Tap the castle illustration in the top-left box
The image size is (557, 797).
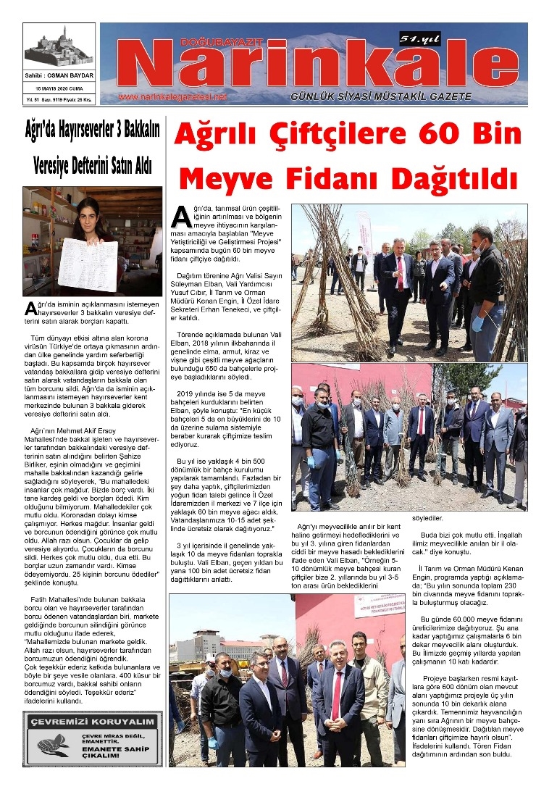pyautogui.click(x=59, y=48)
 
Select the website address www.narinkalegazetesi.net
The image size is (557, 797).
pyautogui.click(x=172, y=97)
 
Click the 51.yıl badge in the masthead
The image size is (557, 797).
pyautogui.click(x=421, y=41)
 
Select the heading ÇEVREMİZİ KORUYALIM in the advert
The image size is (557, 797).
pyautogui.click(x=91, y=722)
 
